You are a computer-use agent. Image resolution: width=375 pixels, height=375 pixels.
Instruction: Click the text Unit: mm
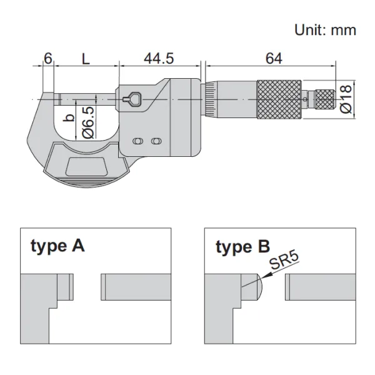coord(325,29)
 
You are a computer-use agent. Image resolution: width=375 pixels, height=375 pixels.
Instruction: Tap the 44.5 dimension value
coord(159,58)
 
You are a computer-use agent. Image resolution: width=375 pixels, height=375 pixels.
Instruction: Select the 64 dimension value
coord(273,58)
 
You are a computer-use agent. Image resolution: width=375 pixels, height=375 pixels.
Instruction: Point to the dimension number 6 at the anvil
coord(47,58)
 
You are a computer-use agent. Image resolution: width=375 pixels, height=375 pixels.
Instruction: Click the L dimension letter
coord(86,58)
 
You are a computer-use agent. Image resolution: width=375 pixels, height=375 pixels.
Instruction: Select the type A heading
coord(57,246)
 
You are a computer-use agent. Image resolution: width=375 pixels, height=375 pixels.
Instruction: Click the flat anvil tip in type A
coord(66,287)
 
